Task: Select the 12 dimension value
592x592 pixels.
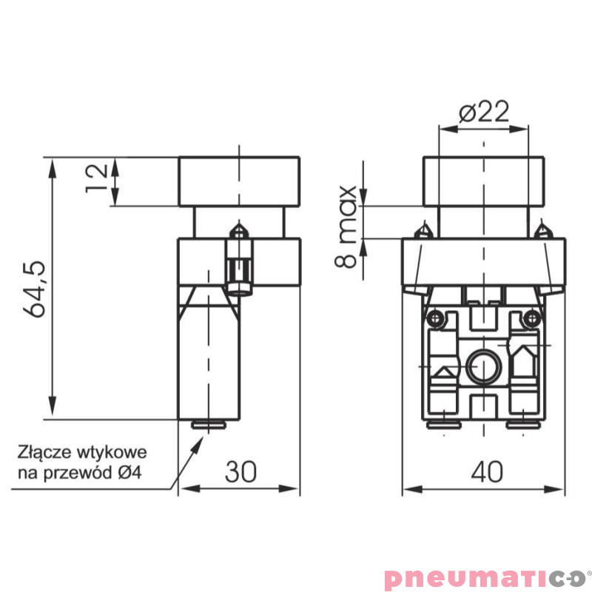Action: pyautogui.click(x=95, y=178)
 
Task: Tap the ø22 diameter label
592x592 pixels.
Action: pyautogui.click(x=484, y=112)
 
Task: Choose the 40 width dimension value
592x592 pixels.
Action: pyautogui.click(x=485, y=471)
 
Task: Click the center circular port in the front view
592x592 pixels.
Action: pyautogui.click(x=483, y=365)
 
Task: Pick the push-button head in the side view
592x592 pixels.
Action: pyautogui.click(x=239, y=181)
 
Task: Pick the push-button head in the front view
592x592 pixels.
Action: pyautogui.click(x=484, y=181)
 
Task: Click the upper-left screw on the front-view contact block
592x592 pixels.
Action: pyautogui.click(x=437, y=318)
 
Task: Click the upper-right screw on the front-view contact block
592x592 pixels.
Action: pyautogui.click(x=531, y=318)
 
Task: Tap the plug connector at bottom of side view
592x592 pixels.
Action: pyautogui.click(x=209, y=425)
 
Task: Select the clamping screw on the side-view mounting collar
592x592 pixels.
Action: pyautogui.click(x=239, y=259)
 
